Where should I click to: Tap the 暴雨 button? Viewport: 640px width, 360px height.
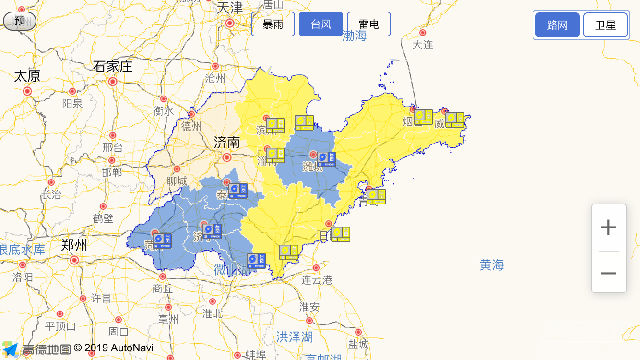point(273,24)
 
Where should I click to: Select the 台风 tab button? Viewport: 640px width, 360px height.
point(321,24)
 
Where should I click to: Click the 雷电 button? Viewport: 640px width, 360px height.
point(369,24)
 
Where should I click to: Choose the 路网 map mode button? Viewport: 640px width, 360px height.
point(557,25)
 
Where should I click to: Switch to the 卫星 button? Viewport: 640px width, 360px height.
point(605,25)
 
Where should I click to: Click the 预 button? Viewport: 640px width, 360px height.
point(20,21)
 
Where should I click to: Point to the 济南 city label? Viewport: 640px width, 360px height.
point(227,142)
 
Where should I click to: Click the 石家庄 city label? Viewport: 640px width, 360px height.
point(113,66)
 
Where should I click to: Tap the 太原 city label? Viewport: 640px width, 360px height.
point(27,76)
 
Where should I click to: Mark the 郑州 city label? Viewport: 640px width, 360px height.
point(74,245)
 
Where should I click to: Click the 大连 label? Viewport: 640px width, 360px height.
point(423,45)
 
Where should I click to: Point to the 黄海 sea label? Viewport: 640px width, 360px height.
point(492,264)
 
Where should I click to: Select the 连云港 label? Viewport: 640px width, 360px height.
point(317,280)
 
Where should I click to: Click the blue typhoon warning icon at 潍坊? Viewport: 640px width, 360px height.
point(326,159)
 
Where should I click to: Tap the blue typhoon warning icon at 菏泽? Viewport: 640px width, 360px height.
point(162,240)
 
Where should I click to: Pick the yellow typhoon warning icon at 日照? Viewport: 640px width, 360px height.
point(341,234)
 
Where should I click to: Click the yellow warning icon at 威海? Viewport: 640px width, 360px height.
point(455,120)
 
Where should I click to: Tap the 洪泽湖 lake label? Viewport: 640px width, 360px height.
point(295,337)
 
